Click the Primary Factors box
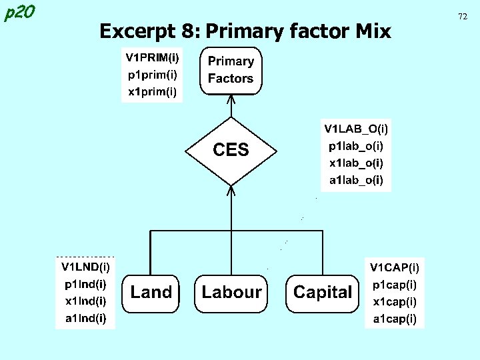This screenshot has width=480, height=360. [x=231, y=70]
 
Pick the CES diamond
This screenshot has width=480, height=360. [x=231, y=150]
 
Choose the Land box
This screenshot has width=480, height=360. [x=151, y=292]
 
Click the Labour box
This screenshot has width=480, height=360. [x=231, y=292]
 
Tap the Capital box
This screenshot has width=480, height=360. [x=322, y=292]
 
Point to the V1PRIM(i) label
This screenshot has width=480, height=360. [x=153, y=57]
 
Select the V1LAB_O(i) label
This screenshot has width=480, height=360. [x=357, y=127]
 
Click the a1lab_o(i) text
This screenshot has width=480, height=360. [x=357, y=180]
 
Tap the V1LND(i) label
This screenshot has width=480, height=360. [x=85, y=267]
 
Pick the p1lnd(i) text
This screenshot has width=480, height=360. [x=85, y=285]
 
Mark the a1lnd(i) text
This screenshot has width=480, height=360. [x=85, y=319]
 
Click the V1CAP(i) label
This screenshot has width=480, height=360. [x=395, y=267]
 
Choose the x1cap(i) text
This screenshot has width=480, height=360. [x=395, y=302]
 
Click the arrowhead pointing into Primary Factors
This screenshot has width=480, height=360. [x=231, y=99]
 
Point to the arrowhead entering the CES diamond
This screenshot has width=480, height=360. [x=231, y=190]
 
